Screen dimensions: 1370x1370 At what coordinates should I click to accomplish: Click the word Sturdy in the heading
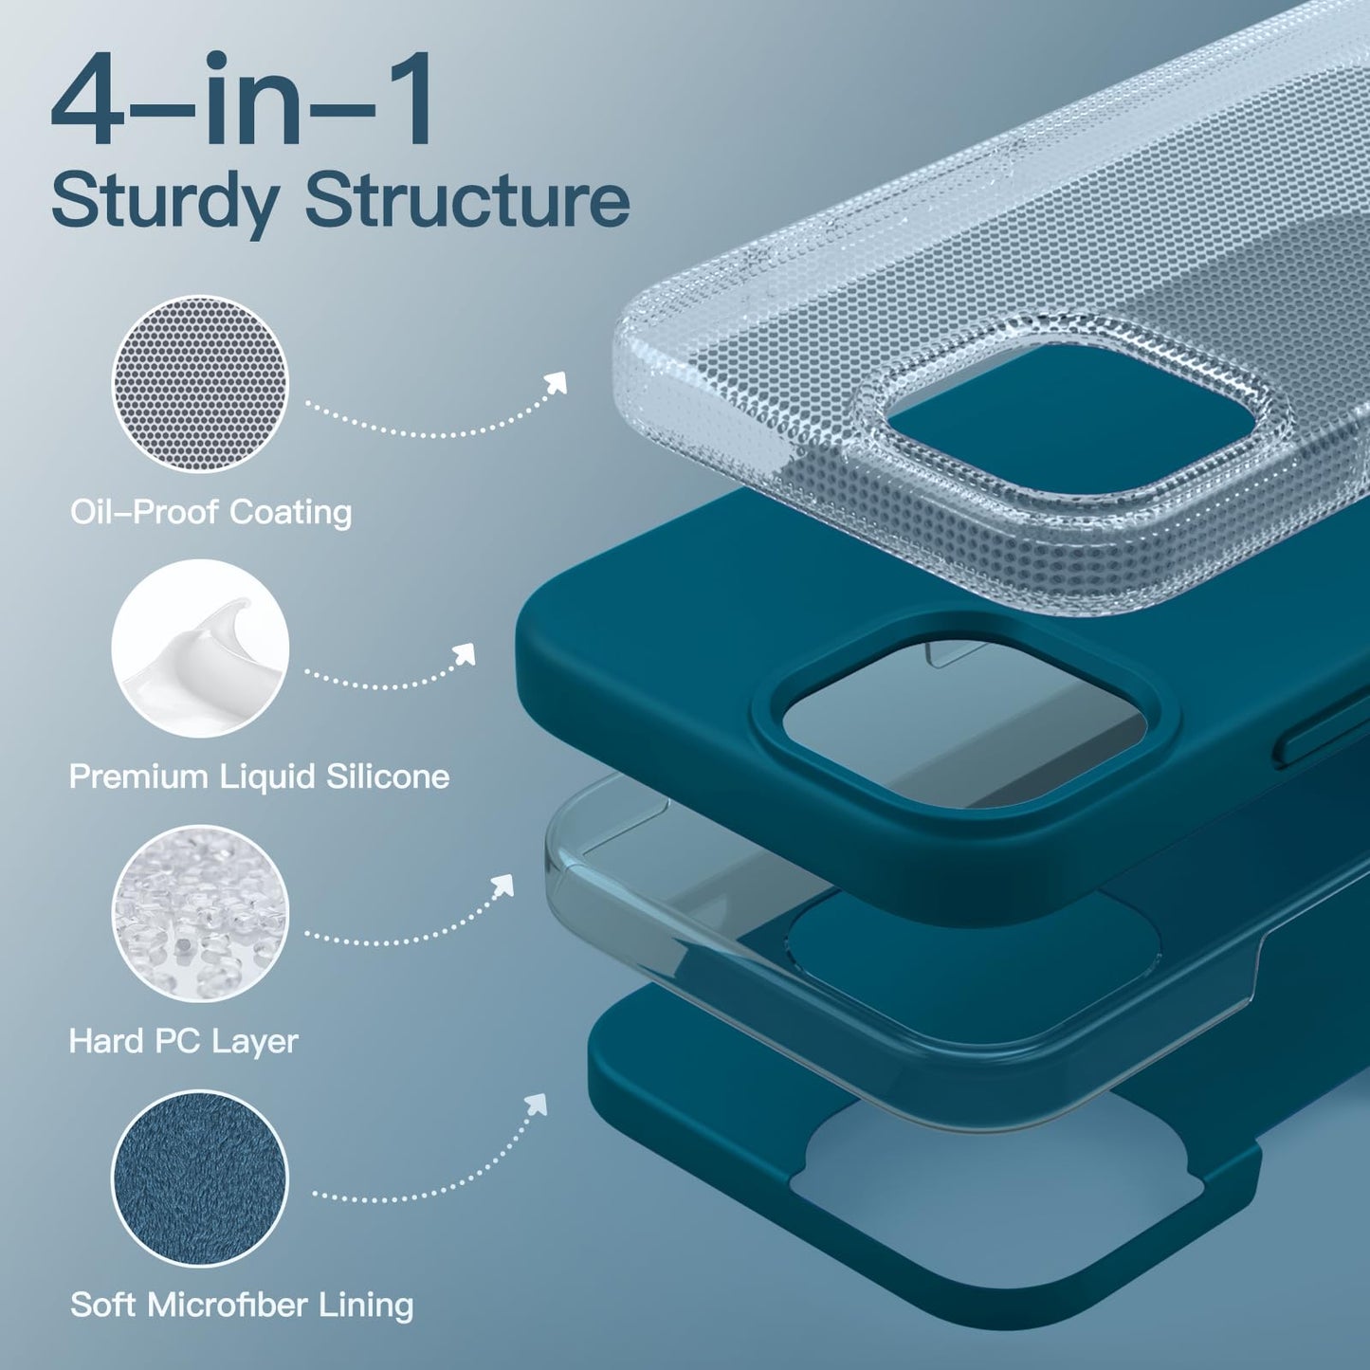pos(164,203)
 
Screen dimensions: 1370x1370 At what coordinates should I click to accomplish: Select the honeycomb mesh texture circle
pos(200,383)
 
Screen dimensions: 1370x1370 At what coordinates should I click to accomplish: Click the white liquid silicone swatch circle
pos(200,648)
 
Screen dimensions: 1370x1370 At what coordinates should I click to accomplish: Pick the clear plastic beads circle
pos(200,913)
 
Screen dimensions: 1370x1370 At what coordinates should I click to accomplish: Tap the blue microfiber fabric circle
pos(200,1178)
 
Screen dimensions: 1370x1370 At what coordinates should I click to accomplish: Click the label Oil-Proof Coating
pos(210,513)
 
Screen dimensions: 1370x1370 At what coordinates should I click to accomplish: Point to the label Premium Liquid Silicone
pos(260,776)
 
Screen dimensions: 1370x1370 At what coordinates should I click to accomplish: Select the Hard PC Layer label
pos(183,1042)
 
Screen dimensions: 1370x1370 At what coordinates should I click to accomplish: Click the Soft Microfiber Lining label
pos(242,1306)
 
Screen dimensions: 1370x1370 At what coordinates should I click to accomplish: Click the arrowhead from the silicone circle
pos(465,655)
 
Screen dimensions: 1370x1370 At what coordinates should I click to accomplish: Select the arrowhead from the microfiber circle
pos(537,1105)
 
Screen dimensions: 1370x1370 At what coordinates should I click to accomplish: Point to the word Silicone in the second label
pos(388,776)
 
